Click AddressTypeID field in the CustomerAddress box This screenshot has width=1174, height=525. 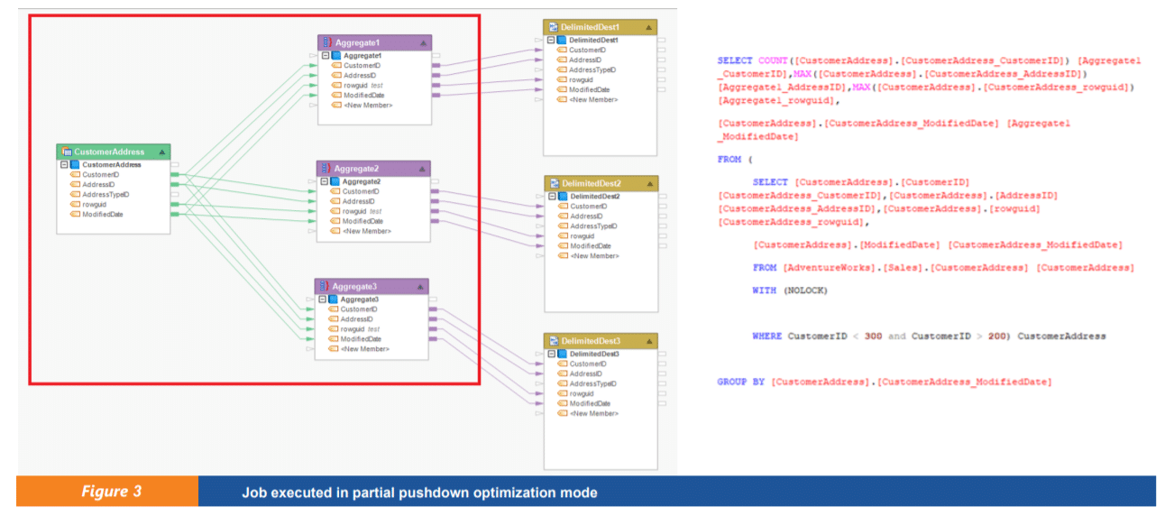105,194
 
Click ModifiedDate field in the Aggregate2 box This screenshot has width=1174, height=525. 362,221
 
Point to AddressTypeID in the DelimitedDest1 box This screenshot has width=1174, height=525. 592,69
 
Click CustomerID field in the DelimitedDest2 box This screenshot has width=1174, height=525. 588,207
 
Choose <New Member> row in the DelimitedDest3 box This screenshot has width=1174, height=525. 593,413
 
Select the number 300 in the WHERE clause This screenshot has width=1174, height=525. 873,336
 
